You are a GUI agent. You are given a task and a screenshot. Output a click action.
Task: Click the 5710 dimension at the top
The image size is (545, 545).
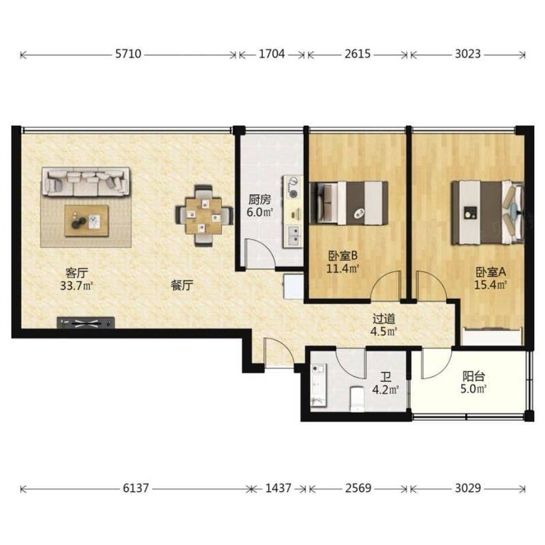tap(128, 54)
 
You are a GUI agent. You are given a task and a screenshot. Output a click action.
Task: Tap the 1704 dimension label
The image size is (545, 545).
tap(272, 54)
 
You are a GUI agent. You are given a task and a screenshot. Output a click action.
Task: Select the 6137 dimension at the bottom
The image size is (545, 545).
tap(136, 488)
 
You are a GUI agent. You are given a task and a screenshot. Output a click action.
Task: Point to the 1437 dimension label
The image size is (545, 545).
tap(278, 488)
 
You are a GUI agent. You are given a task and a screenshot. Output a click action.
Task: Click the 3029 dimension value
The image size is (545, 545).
tap(468, 488)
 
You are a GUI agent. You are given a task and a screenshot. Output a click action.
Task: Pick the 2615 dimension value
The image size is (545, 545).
tap(357, 54)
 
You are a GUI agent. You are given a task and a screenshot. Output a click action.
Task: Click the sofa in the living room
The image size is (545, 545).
tap(86, 181)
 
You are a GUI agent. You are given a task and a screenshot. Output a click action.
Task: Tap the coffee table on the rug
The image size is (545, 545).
tap(87, 221)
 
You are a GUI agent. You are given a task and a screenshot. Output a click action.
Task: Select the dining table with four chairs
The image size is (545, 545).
tap(204, 216)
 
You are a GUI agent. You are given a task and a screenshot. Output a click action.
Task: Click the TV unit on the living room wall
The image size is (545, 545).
tap(86, 323)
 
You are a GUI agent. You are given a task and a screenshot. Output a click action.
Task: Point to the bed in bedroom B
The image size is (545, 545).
tap(349, 203)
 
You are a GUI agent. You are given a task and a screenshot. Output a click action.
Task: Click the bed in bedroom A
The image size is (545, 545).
tap(487, 213)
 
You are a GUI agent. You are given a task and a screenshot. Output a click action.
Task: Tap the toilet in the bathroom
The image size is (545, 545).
tap(356, 399)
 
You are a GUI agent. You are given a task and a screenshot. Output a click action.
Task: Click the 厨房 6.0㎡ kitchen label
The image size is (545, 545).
tap(260, 206)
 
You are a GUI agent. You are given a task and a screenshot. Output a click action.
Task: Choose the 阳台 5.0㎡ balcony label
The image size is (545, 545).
tap(473, 382)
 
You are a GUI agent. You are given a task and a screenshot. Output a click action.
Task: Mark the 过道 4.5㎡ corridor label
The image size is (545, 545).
tap(384, 325)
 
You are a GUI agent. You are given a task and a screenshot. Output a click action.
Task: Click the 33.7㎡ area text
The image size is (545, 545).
tap(76, 285)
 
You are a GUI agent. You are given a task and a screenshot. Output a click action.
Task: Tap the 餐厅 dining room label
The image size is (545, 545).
tap(182, 285)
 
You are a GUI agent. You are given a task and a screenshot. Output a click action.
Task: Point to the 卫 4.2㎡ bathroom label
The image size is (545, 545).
tap(385, 384)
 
